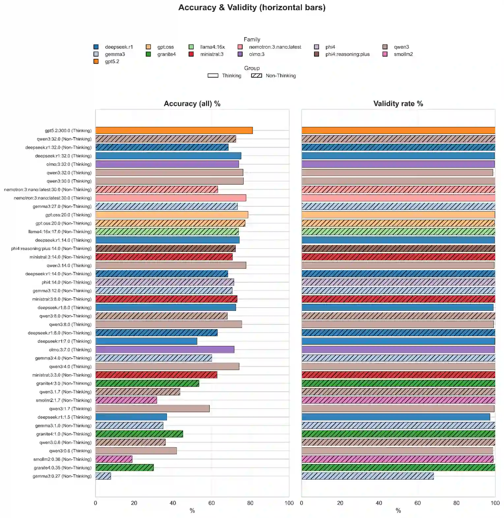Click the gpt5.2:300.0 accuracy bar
click(x=174, y=130)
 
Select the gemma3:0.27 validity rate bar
click(x=368, y=476)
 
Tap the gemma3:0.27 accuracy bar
click(x=103, y=476)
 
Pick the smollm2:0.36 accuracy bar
click(x=114, y=459)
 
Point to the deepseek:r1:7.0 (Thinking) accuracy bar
click(x=146, y=341)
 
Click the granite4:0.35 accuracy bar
click(x=125, y=468)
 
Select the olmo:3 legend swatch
click(x=240, y=54)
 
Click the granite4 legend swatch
click(x=148, y=54)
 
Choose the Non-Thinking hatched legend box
click(x=256, y=75)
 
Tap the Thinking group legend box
click(x=213, y=75)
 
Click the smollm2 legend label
click(x=403, y=54)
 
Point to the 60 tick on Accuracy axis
click(x=212, y=503)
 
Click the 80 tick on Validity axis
click(x=456, y=503)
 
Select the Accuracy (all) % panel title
click(x=192, y=104)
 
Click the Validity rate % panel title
click(x=398, y=104)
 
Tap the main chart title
click(x=252, y=8)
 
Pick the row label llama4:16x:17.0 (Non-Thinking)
click(x=60, y=232)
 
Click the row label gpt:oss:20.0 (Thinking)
click(x=68, y=215)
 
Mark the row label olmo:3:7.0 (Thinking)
click(x=70, y=350)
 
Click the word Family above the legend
click(x=252, y=40)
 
